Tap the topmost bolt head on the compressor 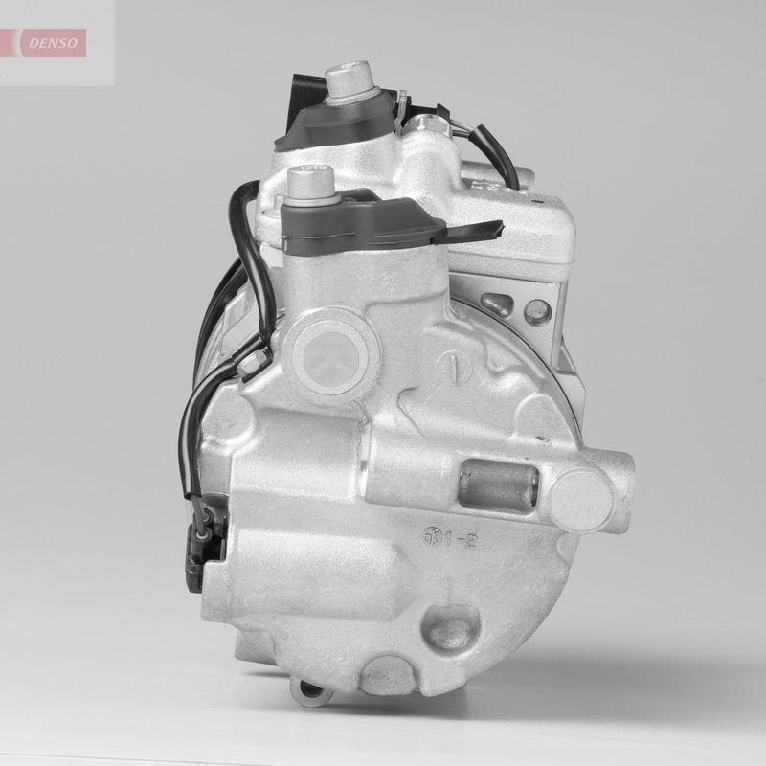[347, 79]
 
